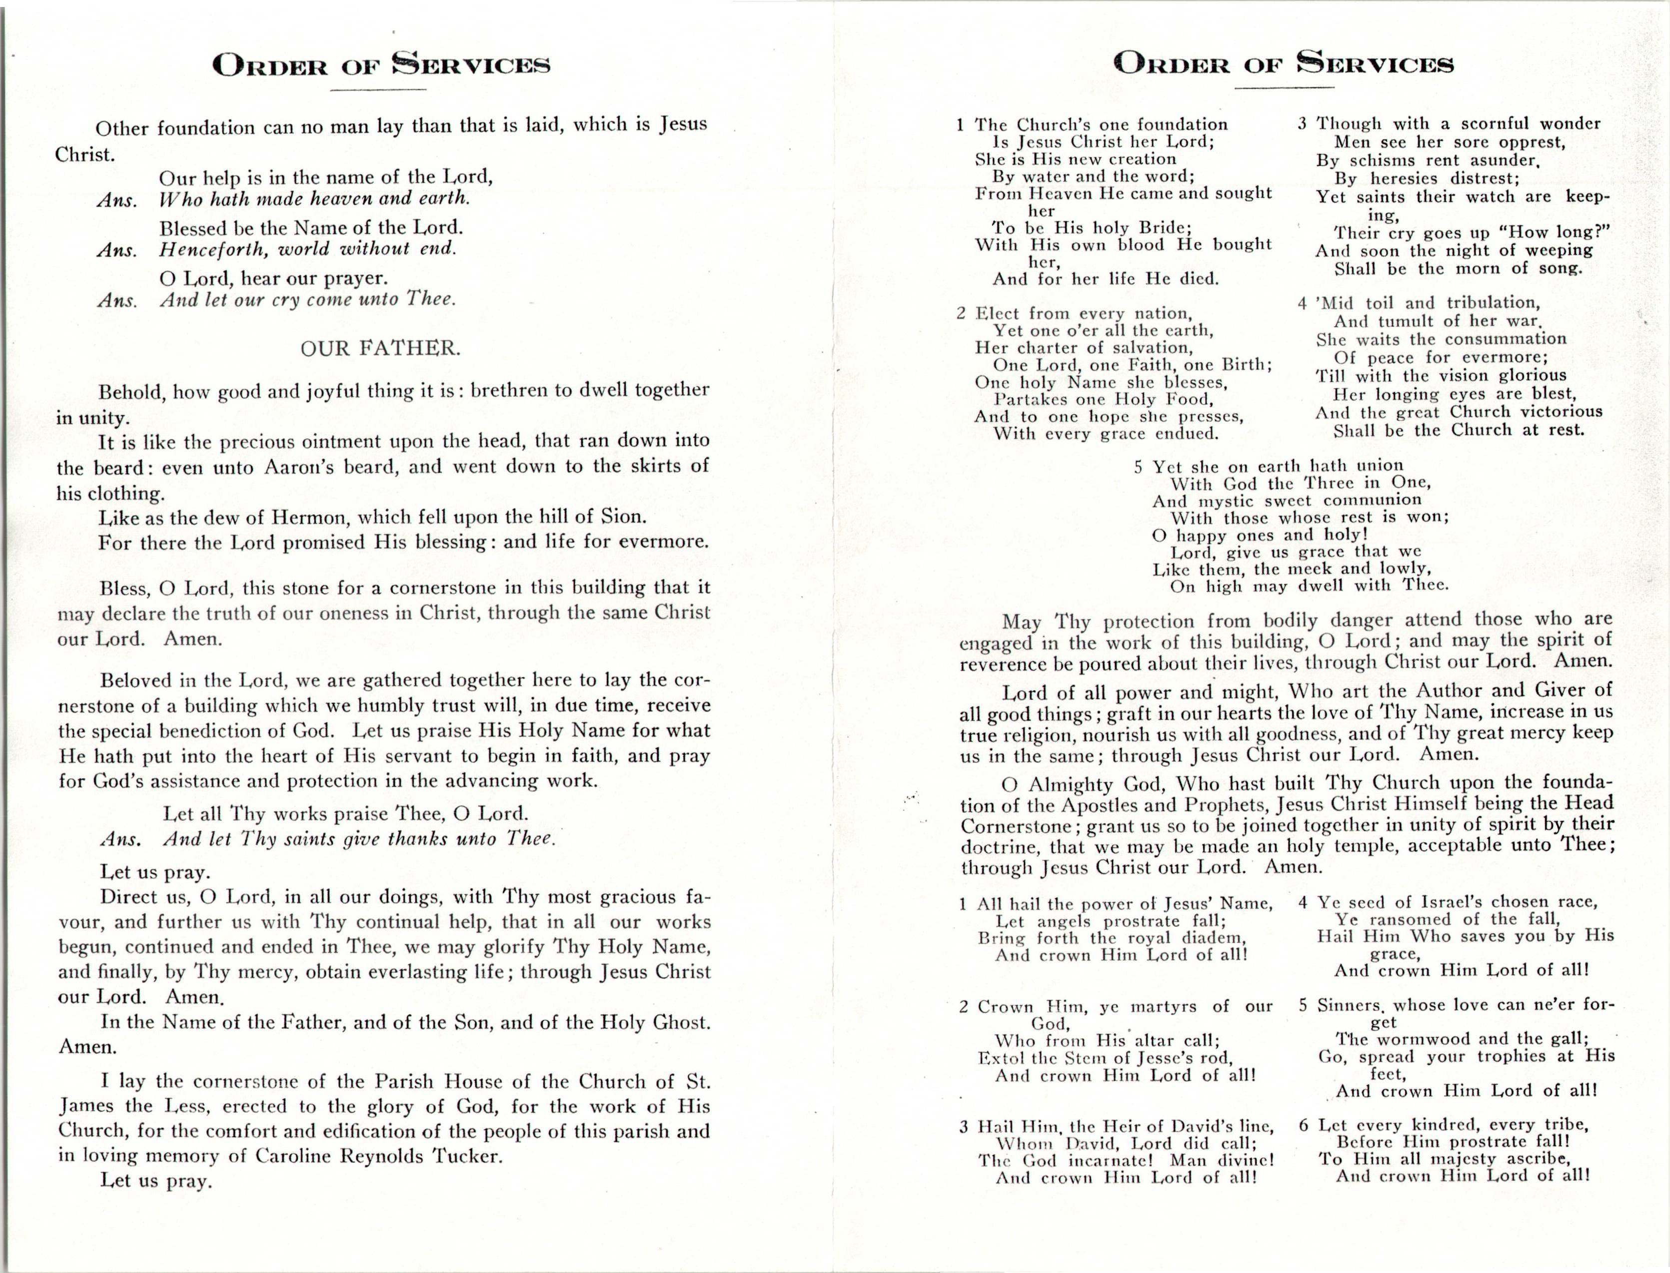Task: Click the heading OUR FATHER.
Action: pos(380,349)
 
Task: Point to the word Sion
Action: pos(623,517)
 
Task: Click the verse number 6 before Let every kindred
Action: pos(1304,1125)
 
